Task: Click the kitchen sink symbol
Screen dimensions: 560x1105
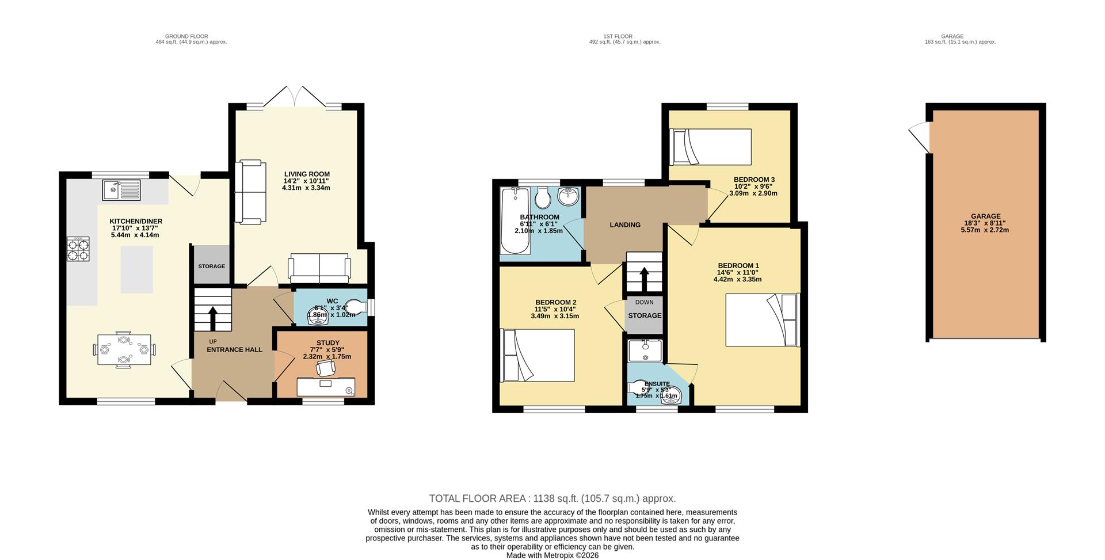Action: click(121, 189)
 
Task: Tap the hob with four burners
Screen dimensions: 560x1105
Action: click(78, 249)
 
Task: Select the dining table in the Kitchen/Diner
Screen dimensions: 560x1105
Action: click(124, 349)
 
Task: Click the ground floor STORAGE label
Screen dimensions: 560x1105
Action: click(211, 266)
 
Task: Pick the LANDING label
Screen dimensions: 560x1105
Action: click(625, 225)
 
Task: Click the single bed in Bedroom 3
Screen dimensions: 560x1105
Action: click(712, 146)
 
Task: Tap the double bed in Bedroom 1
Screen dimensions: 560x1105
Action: click(762, 320)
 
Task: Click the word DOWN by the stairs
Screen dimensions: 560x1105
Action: click(645, 302)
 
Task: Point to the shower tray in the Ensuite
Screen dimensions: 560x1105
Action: click(645, 350)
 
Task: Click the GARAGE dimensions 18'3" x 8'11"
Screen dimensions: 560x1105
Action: click(985, 223)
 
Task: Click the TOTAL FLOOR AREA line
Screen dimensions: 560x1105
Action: click(552, 498)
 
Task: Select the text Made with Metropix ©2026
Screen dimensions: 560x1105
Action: click(552, 555)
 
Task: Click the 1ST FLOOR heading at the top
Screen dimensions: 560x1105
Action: click(618, 36)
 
